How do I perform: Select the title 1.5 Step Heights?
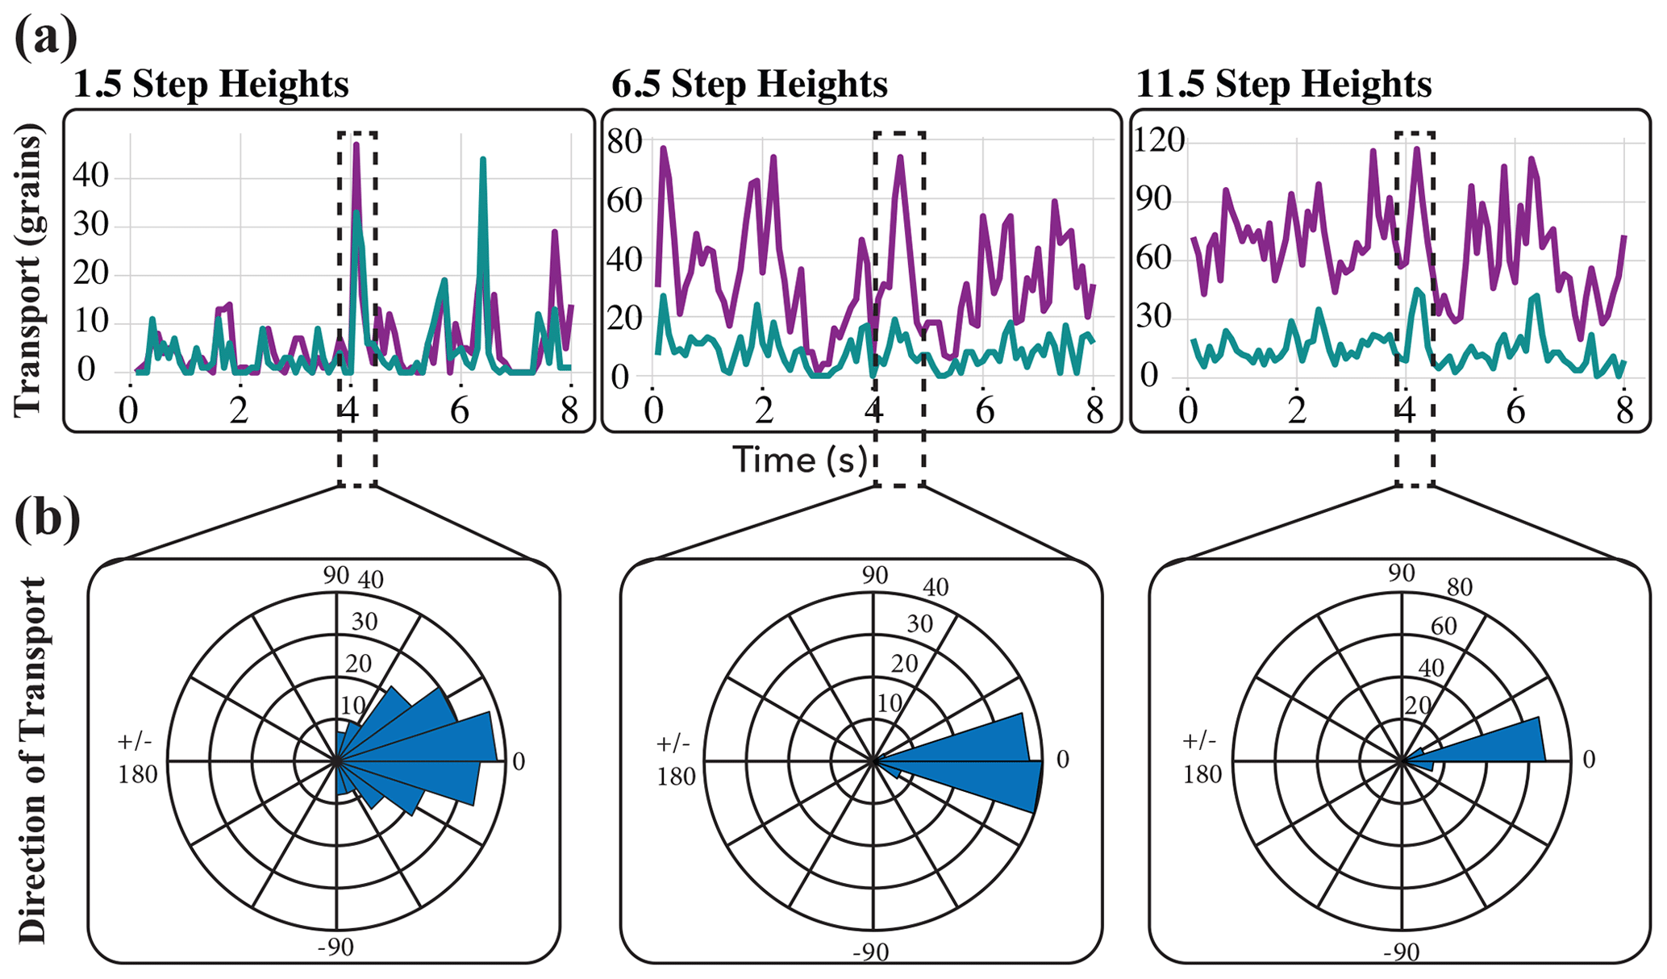click(x=211, y=84)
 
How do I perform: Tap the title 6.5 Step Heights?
click(x=749, y=84)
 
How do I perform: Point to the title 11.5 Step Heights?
click(x=1283, y=84)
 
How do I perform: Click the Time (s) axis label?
click(x=800, y=460)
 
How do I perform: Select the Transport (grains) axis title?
click(x=28, y=270)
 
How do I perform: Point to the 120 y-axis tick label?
click(x=1160, y=140)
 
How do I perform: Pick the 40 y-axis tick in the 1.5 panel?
click(x=90, y=173)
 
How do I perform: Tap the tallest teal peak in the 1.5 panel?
click(x=482, y=160)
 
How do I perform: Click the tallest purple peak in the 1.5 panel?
click(x=356, y=145)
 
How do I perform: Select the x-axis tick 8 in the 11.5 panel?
click(x=1624, y=411)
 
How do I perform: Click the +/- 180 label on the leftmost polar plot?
click(x=137, y=758)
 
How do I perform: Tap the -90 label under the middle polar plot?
click(x=871, y=952)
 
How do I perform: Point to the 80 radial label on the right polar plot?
click(x=1459, y=586)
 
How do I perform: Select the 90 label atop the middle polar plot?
click(x=874, y=575)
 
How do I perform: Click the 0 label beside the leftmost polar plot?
click(x=519, y=761)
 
